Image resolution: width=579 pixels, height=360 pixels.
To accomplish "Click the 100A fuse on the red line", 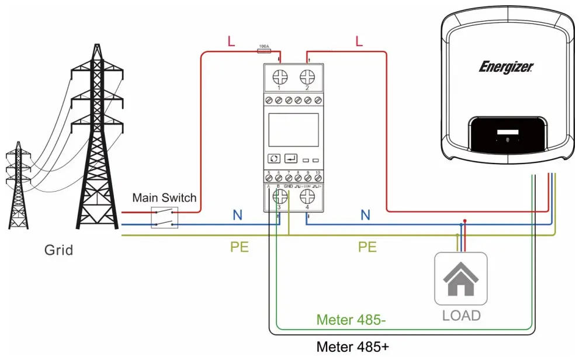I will point(264,51).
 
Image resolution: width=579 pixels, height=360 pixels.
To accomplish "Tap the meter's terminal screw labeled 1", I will point(279,77).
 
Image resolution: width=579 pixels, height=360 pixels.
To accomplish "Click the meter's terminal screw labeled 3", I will point(279,195).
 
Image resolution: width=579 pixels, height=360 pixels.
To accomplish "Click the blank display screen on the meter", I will point(293,130).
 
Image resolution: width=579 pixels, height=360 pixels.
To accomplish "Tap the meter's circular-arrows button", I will point(273,158).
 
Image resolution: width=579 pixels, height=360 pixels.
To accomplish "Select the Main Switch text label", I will point(164,198).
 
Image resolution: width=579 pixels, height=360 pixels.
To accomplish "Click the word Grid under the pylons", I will point(59,251).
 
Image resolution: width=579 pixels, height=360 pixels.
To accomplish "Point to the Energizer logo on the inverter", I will point(506,67).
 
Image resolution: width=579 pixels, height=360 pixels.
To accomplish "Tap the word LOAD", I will point(461,316).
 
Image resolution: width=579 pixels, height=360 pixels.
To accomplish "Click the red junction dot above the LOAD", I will point(464,221).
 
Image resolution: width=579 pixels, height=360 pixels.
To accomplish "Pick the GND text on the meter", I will point(288,186).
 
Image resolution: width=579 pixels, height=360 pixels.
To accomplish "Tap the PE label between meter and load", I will point(367,247).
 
